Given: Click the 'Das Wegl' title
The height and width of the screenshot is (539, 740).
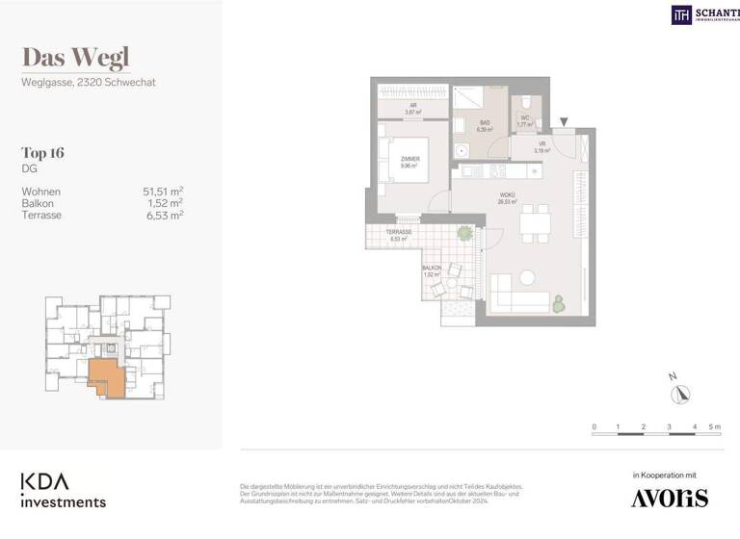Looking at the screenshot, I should [x=75, y=58].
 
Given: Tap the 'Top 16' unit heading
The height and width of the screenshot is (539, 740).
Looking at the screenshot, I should [x=42, y=152].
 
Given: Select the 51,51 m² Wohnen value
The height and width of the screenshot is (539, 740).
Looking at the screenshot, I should [x=163, y=192].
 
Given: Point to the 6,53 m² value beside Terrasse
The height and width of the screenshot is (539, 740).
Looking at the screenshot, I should [x=163, y=215].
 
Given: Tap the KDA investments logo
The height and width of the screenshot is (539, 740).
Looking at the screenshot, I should [x=64, y=490].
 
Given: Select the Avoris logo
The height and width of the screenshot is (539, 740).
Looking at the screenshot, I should [x=669, y=498].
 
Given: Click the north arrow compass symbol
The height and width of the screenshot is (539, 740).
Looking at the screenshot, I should [x=682, y=393].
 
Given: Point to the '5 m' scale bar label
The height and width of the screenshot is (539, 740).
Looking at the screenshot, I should [x=714, y=426].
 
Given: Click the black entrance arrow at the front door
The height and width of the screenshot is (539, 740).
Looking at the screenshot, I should [x=565, y=121].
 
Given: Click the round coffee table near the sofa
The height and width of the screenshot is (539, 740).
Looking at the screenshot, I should [x=527, y=277].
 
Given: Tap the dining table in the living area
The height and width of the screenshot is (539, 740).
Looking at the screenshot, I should [x=534, y=225].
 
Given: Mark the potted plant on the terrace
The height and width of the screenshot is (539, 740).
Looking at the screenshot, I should [x=465, y=234].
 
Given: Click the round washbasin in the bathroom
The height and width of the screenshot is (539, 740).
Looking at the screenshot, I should [x=460, y=149].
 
